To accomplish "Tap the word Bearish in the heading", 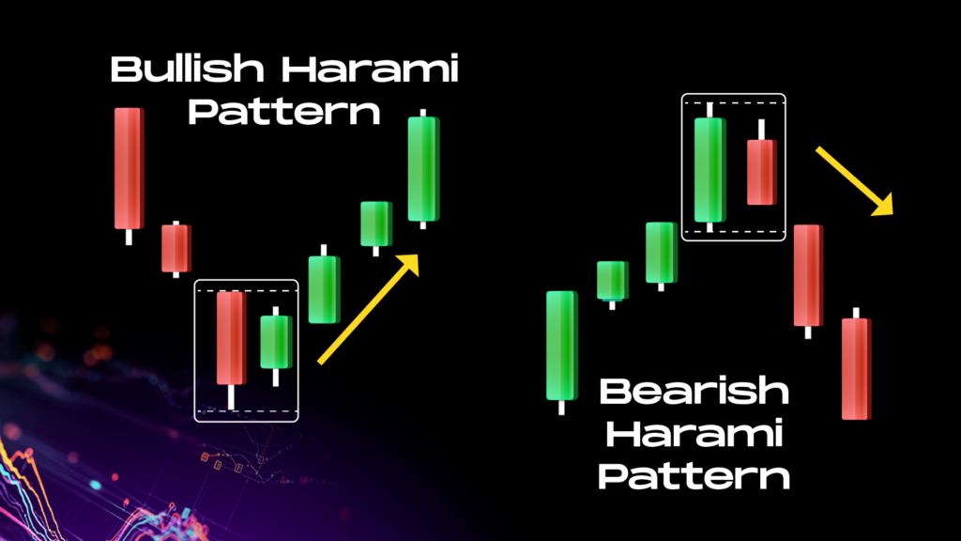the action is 694,391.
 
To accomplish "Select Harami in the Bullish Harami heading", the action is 370,68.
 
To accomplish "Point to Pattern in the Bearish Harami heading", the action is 694,476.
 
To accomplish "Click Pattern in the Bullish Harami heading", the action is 283,112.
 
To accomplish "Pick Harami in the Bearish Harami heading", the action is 694,434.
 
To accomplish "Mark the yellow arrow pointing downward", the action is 854,181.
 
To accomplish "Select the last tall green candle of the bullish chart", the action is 423,169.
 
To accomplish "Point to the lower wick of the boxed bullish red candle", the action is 231,397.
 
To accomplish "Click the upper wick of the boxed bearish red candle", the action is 761,130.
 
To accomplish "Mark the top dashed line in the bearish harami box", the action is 734,103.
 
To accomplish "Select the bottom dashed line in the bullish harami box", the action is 247,411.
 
